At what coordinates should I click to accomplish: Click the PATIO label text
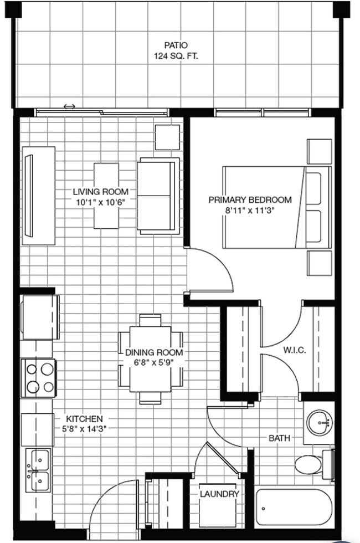(x=176, y=45)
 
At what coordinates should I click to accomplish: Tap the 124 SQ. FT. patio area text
(x=176, y=56)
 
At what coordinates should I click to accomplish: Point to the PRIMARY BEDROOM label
(x=250, y=199)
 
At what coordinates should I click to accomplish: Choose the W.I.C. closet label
(x=294, y=350)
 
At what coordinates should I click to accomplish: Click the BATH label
(x=279, y=438)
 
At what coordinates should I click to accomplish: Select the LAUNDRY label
(x=219, y=494)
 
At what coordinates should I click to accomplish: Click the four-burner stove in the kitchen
(x=38, y=378)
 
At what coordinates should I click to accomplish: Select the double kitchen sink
(x=38, y=468)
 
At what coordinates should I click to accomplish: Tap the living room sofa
(x=158, y=194)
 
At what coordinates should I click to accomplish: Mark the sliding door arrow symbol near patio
(x=70, y=106)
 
